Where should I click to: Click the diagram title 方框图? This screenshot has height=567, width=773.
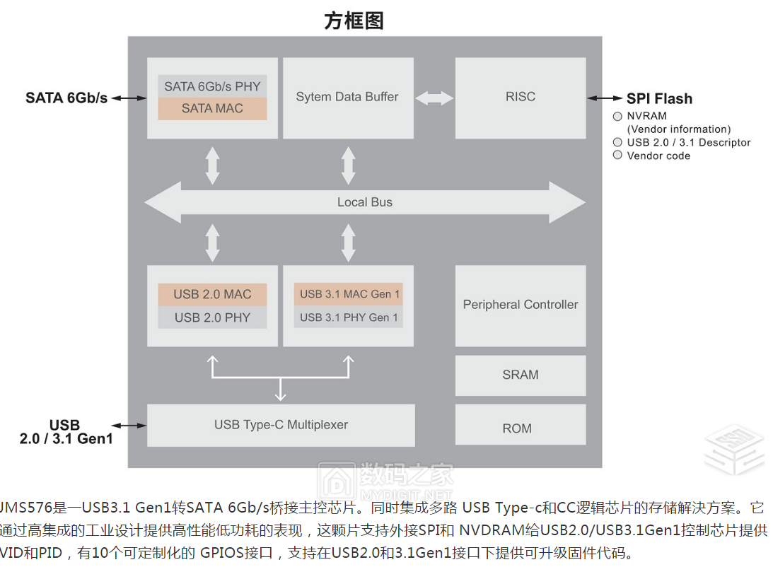[x=354, y=21]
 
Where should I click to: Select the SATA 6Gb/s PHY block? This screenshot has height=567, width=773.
[x=212, y=86]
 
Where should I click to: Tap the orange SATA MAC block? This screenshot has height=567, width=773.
[x=212, y=108]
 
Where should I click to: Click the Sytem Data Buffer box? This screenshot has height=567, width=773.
[x=347, y=98]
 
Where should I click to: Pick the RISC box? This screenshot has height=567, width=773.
[x=521, y=98]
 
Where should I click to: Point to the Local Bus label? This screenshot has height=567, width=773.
[x=364, y=202]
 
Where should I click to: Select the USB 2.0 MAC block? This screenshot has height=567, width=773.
[x=212, y=294]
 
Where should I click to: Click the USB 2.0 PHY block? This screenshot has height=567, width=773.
[x=212, y=317]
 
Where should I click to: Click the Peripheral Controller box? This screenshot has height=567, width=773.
[x=521, y=305]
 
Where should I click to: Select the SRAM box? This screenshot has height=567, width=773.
[x=521, y=375]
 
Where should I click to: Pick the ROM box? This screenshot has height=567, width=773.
[x=521, y=428]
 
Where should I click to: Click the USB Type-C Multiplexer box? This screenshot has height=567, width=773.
[x=281, y=425]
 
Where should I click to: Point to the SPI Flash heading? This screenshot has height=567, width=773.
[x=659, y=99]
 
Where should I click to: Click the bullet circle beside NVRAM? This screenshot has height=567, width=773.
[x=617, y=116]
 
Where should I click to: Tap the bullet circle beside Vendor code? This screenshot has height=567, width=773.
[x=617, y=156]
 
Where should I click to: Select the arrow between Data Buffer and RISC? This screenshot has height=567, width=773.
[x=434, y=98]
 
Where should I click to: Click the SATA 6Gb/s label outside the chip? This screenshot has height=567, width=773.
[x=66, y=98]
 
